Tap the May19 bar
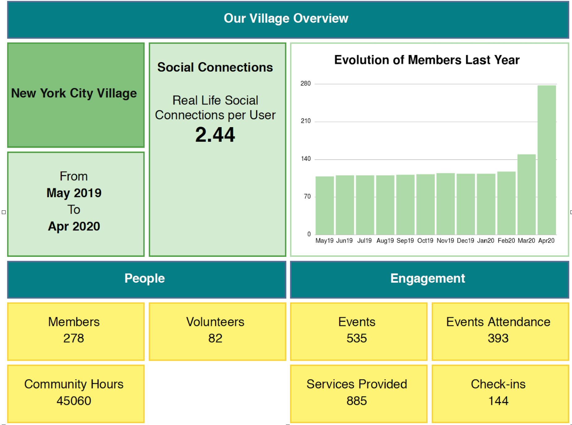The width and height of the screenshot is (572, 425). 325,205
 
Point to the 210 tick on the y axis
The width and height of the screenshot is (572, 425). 305,121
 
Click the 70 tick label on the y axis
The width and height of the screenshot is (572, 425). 307,196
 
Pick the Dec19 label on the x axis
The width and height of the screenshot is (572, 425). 465,241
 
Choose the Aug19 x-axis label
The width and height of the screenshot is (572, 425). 385,241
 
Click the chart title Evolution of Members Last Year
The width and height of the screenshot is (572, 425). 427,60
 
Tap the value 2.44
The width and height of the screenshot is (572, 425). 215,135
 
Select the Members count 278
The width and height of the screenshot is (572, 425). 74,338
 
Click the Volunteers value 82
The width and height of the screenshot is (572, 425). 215,338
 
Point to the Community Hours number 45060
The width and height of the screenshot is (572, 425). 74,401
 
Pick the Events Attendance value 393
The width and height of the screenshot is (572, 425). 498,338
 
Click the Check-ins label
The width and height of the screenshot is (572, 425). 498,384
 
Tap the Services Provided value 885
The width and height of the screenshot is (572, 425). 357,401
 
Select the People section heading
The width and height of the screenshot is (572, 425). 145,278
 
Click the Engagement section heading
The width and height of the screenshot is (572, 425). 427,278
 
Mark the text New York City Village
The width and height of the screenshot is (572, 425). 74,93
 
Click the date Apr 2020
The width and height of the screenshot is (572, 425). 74,226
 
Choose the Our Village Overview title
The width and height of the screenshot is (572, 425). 286,19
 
